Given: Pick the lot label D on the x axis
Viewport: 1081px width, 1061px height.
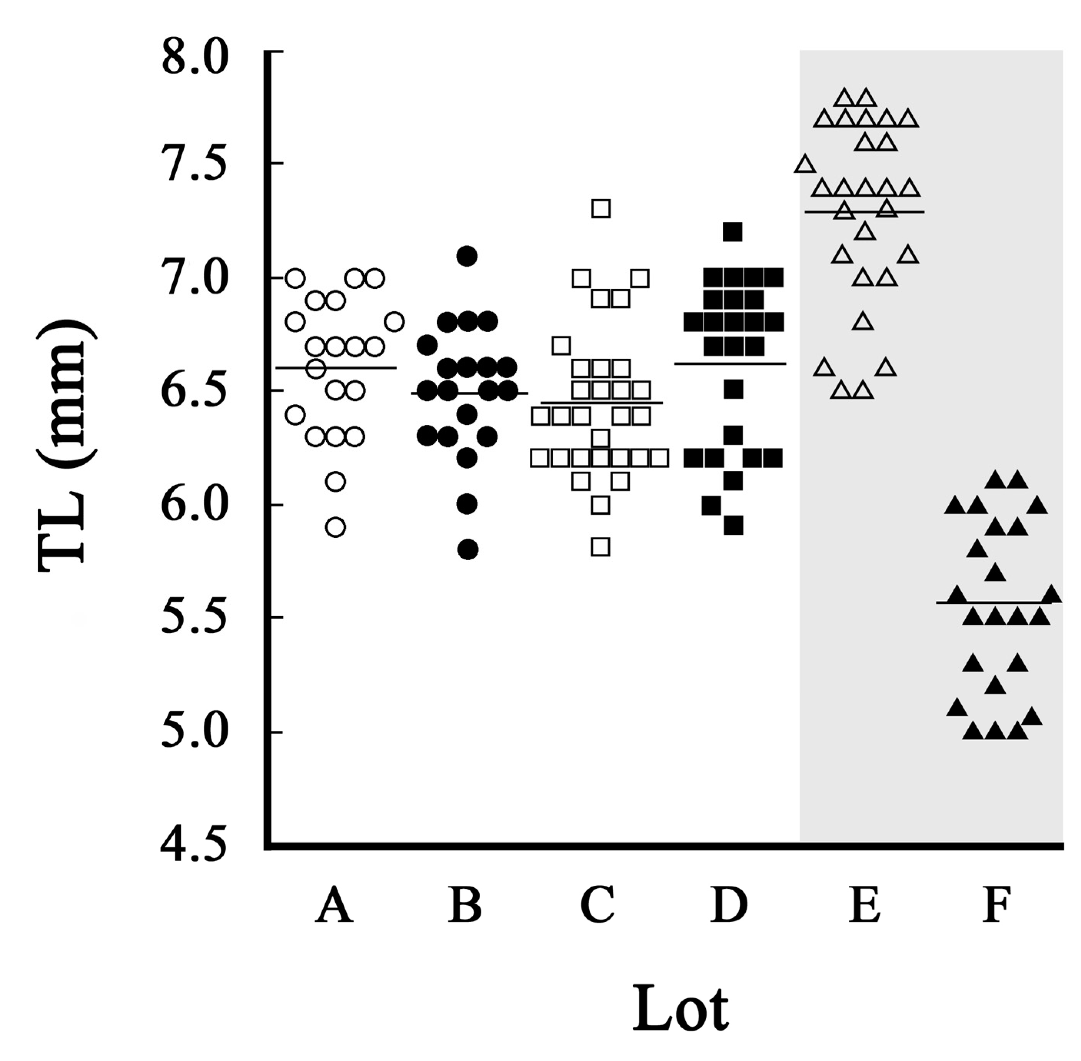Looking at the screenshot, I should coord(729,905).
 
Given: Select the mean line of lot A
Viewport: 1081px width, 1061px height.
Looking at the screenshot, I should coord(362,368).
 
